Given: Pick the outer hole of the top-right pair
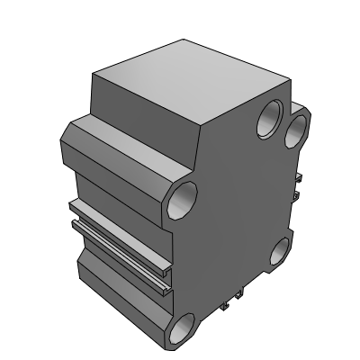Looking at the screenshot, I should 295,130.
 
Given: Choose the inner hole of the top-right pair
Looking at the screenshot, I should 268,121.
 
